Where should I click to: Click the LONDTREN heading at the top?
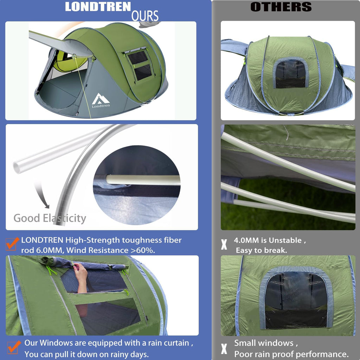(98, 7)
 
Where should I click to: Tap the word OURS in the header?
(144, 16)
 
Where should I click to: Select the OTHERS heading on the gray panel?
(281, 7)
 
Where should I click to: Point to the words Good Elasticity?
(50, 218)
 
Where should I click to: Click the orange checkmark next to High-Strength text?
(13, 243)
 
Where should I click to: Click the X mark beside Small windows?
(224, 348)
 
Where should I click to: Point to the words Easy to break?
(262, 250)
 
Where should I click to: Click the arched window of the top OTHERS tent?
(290, 73)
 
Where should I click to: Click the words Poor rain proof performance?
(291, 354)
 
